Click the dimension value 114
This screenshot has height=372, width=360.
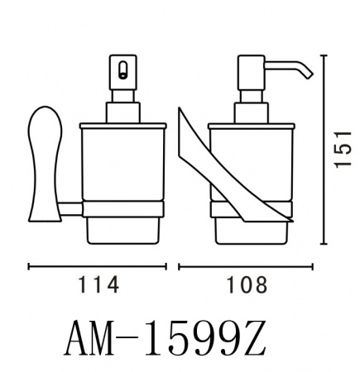coord(98,285)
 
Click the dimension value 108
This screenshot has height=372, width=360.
coord(247,285)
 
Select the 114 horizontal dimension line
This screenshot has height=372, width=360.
coord(98,267)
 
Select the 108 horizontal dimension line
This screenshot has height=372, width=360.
coord(247,267)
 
